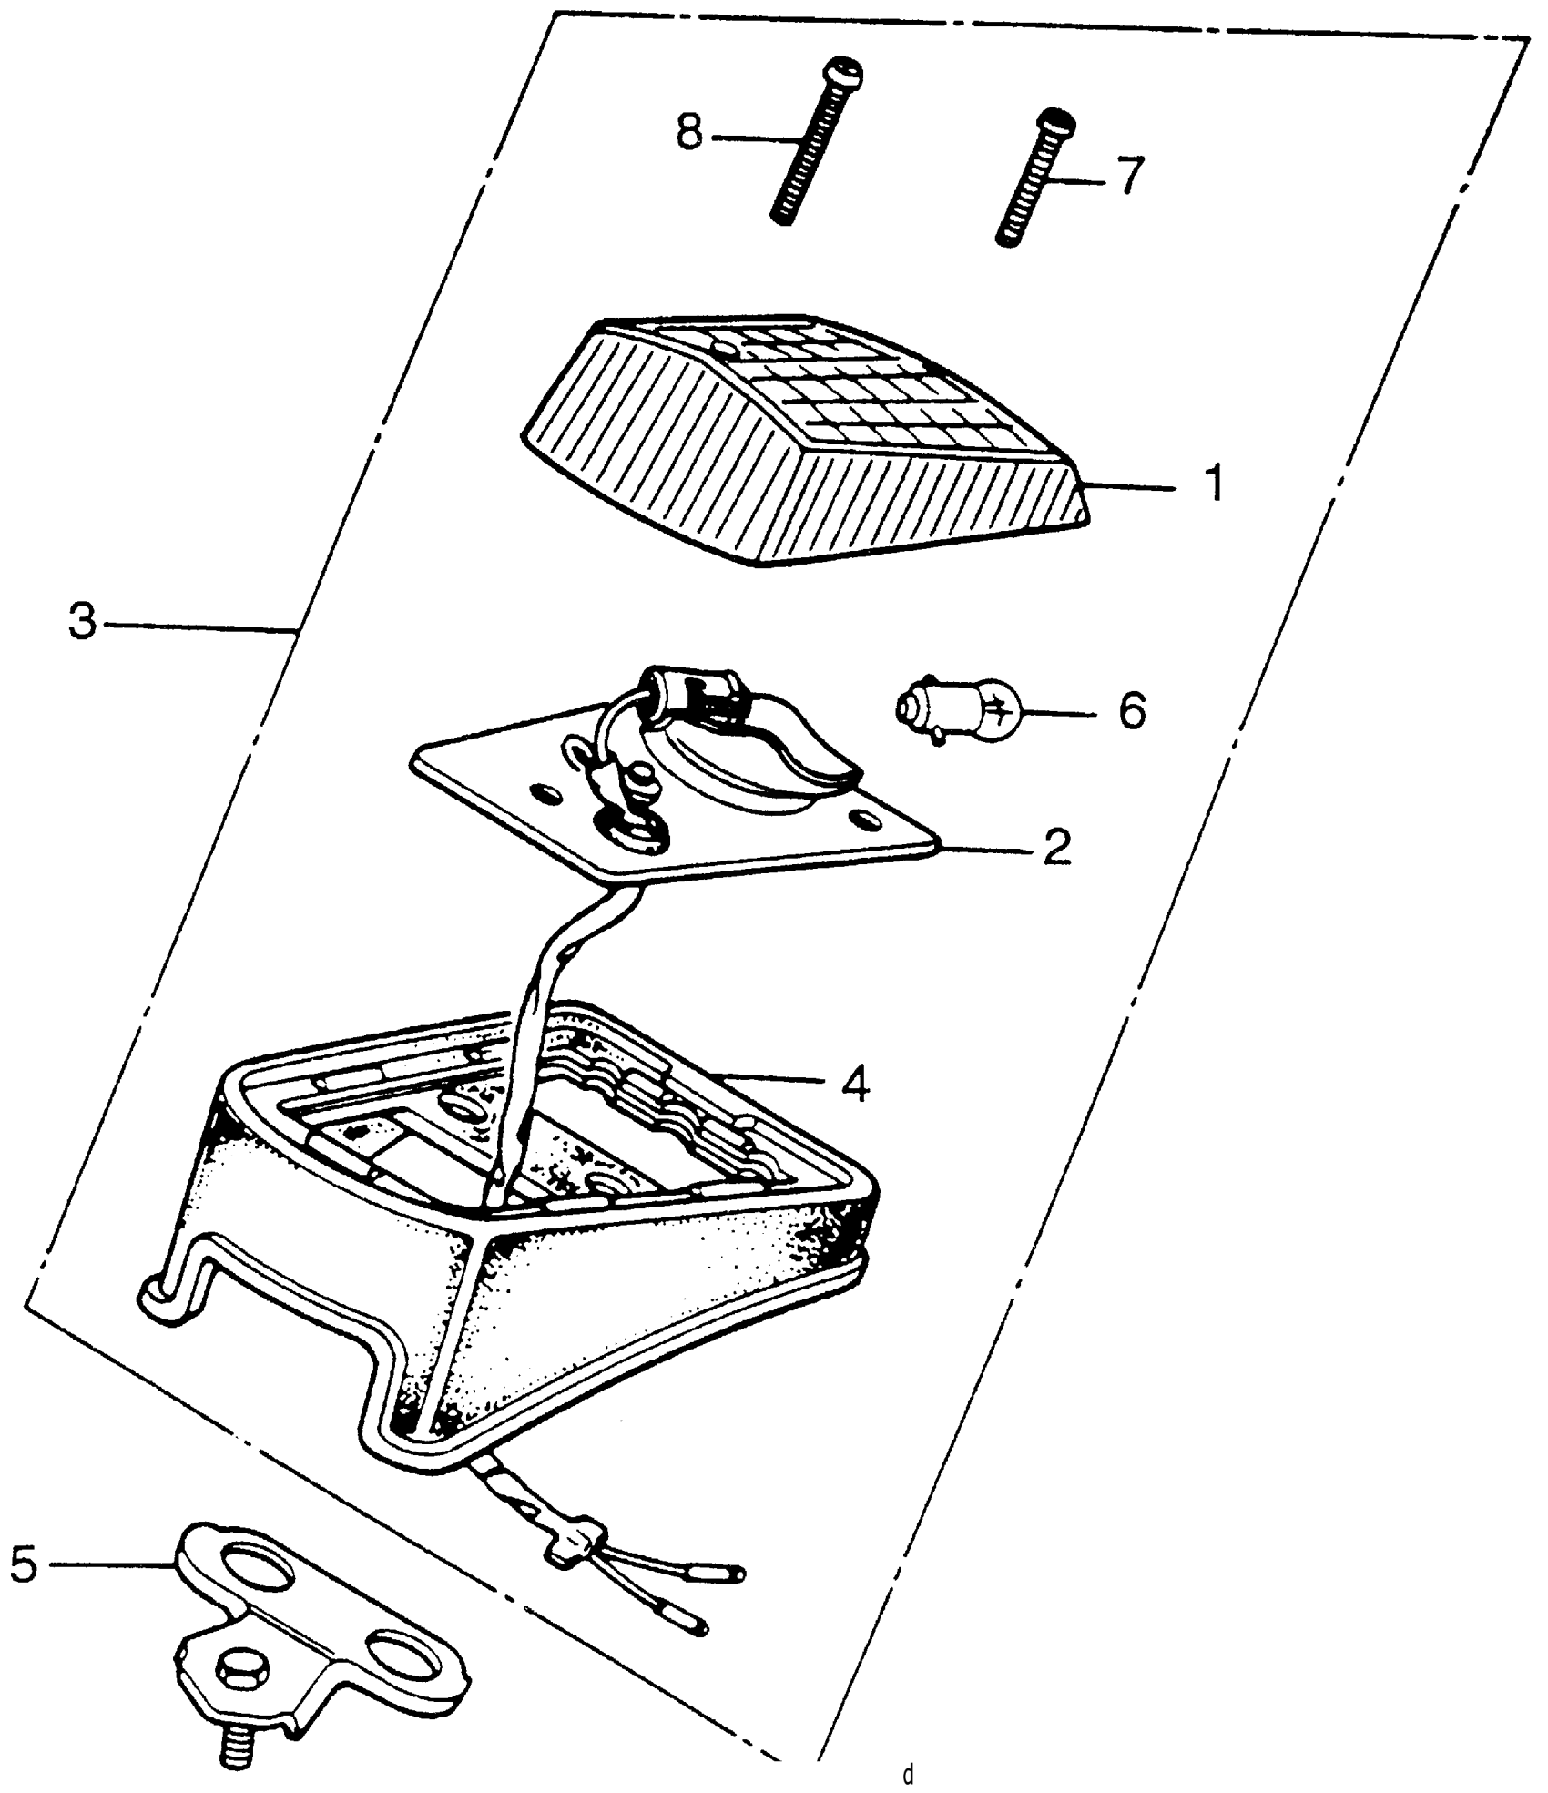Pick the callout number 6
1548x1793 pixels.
tap(1130, 710)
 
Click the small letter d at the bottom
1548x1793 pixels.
tap(907, 1775)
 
